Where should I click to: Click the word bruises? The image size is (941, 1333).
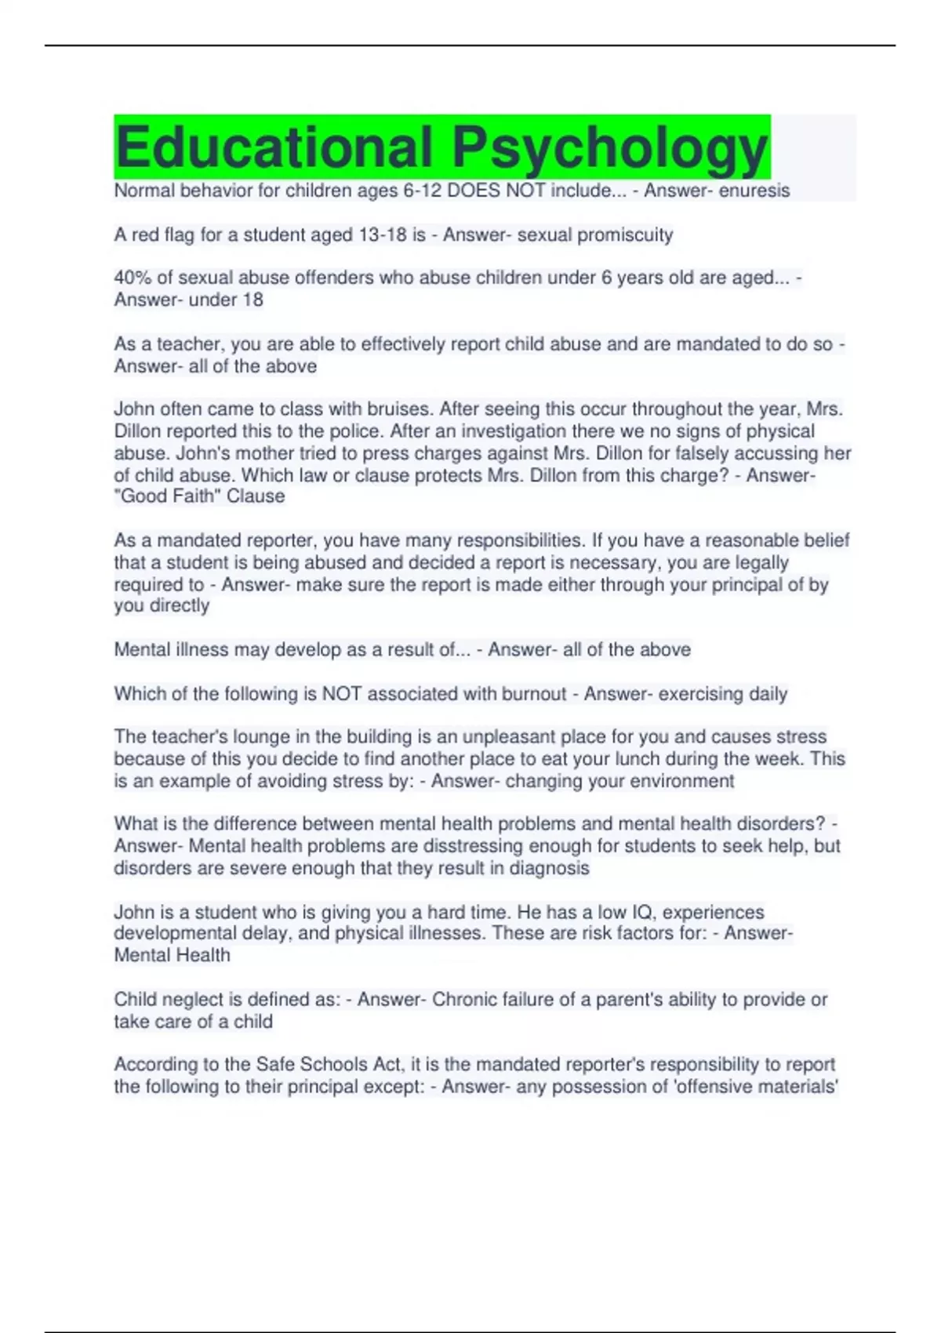(x=398, y=409)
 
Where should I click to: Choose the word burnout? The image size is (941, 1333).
(x=531, y=694)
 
